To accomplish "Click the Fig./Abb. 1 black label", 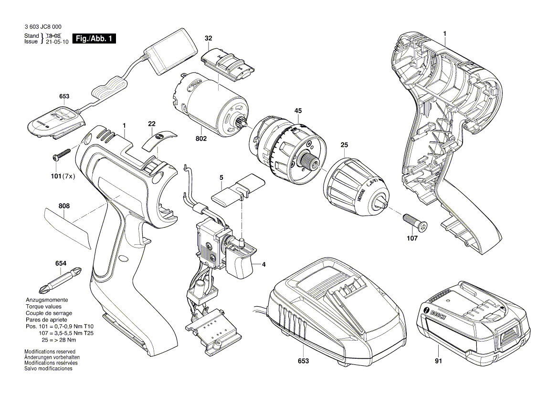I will point(94,39).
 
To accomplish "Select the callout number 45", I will point(298,111).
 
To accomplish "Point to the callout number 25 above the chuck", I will point(344,145).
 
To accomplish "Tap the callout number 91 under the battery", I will point(439,361).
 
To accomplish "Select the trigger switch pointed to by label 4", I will point(239,260).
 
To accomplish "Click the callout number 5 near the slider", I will point(221,177).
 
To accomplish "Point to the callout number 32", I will point(208,38).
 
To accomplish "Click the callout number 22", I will point(152,124).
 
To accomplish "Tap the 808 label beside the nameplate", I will point(64,206).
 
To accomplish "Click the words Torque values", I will point(43,306).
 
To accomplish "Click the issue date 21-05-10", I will point(57,41).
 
